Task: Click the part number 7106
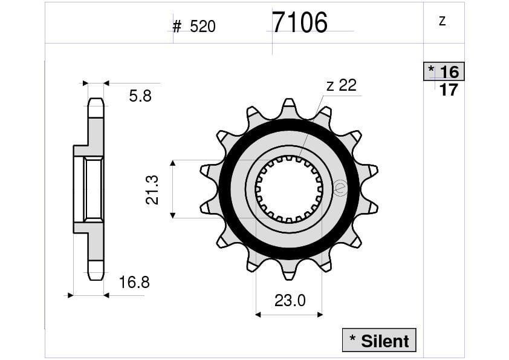coord(299,23)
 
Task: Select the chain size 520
coord(203,27)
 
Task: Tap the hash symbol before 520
coord(177,27)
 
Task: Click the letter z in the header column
coord(443,21)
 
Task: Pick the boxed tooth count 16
coord(449,72)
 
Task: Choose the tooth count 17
coord(449,90)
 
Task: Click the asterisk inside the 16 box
coord(431,70)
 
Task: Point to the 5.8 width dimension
coord(140,96)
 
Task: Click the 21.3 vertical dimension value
coord(152,189)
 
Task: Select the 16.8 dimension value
coord(134,282)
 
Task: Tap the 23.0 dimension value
coord(290,300)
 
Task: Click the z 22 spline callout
coord(342,85)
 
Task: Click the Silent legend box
coord(379,341)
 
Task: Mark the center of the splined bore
coord(288,189)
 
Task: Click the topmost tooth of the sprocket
coord(289,105)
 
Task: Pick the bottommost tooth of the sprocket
coord(289,273)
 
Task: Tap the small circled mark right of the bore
coord(339,189)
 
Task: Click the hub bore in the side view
coord(92,189)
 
